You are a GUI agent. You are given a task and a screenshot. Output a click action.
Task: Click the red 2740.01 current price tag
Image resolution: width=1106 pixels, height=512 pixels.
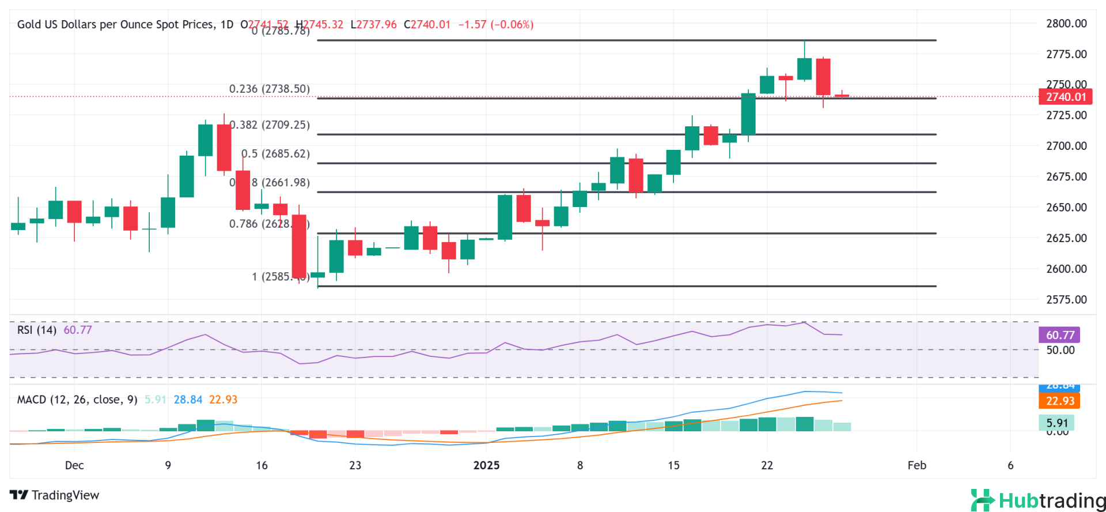click(1065, 97)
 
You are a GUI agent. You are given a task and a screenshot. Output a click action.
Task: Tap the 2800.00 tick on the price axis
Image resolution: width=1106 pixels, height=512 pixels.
click(1066, 24)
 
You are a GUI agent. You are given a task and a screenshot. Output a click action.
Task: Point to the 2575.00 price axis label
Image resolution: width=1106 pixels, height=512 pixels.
click(1066, 299)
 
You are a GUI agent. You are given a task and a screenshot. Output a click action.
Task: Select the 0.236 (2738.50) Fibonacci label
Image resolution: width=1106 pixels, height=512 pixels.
click(269, 89)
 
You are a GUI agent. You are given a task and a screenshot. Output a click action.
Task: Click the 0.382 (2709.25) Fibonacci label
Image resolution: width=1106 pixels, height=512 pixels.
click(271, 125)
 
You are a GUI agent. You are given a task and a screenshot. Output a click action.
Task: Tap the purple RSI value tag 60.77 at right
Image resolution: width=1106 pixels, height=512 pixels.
click(1059, 335)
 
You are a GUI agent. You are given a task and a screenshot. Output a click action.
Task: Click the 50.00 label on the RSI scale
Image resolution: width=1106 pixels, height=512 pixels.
click(1060, 350)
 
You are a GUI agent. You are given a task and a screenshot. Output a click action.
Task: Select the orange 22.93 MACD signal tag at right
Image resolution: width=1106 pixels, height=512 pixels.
click(1059, 401)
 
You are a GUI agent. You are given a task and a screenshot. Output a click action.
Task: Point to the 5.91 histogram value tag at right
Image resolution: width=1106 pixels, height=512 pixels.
click(1056, 423)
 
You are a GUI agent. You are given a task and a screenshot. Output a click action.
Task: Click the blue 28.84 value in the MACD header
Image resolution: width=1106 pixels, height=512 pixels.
click(188, 400)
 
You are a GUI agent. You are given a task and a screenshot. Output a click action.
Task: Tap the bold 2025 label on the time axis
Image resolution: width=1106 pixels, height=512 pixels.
click(486, 465)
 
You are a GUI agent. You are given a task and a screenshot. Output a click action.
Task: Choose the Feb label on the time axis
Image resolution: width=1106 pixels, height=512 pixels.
click(916, 465)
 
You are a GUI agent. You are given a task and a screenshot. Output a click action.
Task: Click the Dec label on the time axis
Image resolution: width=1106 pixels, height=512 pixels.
click(74, 465)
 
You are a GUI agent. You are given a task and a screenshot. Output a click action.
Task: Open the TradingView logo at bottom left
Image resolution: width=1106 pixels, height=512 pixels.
click(55, 495)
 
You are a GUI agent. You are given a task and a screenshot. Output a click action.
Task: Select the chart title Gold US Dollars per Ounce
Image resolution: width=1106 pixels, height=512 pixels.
click(115, 24)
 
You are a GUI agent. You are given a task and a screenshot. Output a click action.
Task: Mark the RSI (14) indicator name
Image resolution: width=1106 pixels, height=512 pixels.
click(37, 330)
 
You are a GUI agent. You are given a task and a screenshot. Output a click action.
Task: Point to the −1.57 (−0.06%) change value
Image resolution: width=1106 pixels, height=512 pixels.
click(495, 24)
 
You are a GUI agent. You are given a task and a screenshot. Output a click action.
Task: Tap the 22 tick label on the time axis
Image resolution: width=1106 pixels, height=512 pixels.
click(767, 465)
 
